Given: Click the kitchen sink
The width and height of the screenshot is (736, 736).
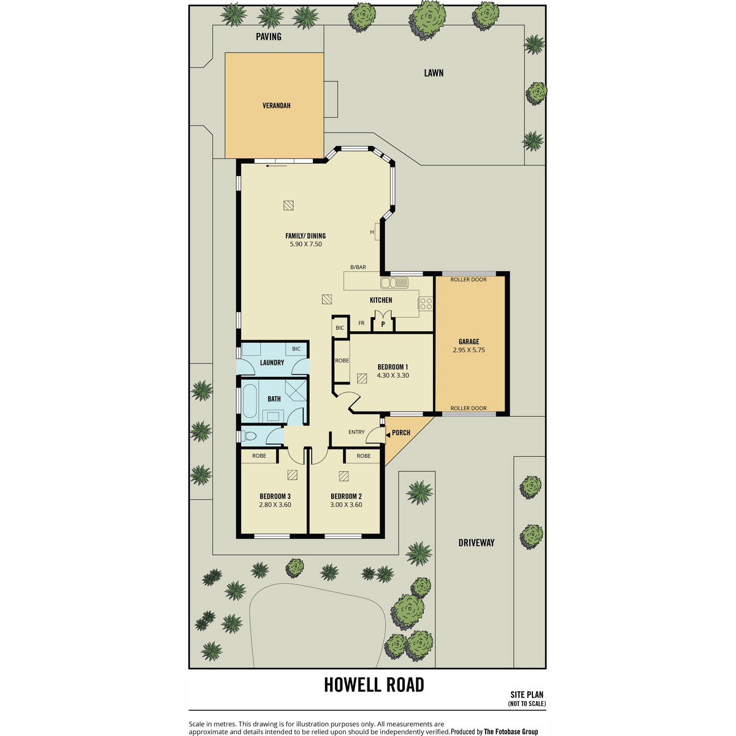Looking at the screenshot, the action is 394,283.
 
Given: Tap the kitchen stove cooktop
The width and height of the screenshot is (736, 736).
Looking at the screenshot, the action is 426,304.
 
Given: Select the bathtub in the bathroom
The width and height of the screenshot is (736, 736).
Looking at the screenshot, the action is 250,401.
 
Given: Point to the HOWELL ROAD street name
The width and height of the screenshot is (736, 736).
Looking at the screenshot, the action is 374,685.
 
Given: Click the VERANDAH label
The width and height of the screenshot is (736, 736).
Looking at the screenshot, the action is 276,105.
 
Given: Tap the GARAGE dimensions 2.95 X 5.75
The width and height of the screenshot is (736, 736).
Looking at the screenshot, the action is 469,350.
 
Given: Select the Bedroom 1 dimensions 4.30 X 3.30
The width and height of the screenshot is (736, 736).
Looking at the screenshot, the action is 393,375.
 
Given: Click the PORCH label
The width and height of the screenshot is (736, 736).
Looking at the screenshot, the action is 401,433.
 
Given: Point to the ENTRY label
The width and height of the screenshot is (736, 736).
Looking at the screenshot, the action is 356,432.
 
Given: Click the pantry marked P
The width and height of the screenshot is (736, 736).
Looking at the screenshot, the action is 383,324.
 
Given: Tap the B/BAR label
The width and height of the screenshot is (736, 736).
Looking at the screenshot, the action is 358,267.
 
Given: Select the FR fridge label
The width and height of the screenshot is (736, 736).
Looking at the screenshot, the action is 361,323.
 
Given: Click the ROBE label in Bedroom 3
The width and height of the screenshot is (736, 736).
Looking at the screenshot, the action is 259,456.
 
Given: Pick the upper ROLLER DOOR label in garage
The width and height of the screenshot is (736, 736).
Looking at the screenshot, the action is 468,280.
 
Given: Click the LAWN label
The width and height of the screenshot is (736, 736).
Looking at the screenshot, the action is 434,73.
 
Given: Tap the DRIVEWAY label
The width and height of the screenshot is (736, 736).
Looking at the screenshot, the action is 477,543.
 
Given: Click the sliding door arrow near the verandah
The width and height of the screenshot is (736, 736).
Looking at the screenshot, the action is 277,166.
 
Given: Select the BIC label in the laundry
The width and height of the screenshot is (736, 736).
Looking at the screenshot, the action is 296,349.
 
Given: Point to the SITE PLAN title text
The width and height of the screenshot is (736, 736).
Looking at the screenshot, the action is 527,705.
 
